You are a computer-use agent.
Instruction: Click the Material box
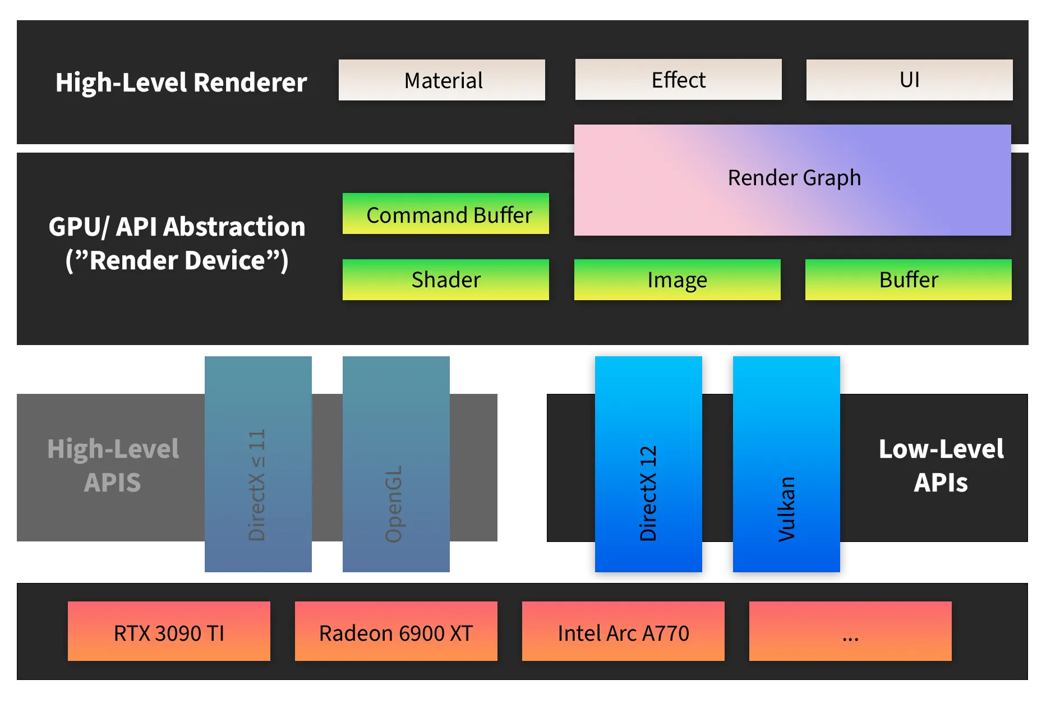[441, 80]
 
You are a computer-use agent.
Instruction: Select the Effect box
[678, 80]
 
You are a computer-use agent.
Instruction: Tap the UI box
[909, 80]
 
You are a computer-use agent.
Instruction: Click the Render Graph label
[794, 178]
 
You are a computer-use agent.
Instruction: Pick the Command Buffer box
[446, 214]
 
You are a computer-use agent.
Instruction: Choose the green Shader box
[446, 279]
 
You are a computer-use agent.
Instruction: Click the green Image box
[677, 279]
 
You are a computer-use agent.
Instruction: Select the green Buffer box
[908, 279]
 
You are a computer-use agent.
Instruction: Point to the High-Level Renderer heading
[181, 82]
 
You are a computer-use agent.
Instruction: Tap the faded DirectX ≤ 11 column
[257, 465]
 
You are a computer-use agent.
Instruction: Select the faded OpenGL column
[396, 465]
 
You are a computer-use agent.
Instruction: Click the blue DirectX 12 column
[648, 465]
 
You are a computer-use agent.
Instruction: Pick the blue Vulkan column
[786, 465]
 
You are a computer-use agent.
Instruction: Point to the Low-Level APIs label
[941, 466]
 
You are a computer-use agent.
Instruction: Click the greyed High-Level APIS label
[113, 466]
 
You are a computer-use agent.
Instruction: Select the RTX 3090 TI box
[169, 632]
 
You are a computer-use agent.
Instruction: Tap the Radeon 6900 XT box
[396, 632]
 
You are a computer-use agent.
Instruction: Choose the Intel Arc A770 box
[623, 632]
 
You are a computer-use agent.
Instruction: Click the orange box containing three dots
[850, 632]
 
